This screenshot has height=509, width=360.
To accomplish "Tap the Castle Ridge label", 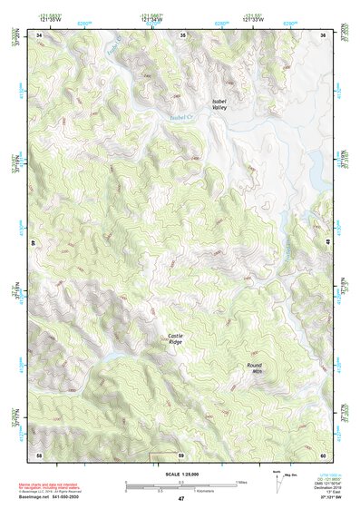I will [x=176, y=340].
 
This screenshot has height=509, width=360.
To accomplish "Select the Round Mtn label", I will [x=255, y=367].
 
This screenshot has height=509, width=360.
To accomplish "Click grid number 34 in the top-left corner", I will [x=39, y=34].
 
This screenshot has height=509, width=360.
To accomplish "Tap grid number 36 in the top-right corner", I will [x=325, y=34].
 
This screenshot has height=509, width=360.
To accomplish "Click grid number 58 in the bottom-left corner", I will [x=39, y=454].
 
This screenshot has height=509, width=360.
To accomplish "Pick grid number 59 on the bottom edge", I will [x=181, y=454].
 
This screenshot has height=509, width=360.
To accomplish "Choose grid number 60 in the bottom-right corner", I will [x=324, y=454].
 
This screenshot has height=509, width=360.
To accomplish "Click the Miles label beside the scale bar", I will [x=242, y=481].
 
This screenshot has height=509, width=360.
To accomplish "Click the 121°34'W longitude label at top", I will [x=151, y=19].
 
